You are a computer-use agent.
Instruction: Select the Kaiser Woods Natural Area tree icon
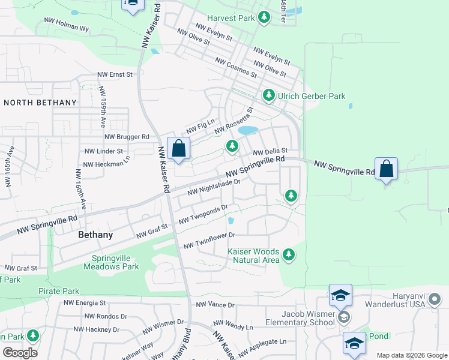tap(289, 255)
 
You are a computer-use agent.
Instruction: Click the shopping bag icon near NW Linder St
tap(179, 148)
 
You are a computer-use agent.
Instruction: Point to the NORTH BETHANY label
tap(40, 103)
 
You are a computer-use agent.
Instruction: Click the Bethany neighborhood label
tap(95, 235)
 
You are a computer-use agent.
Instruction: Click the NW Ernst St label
tap(115, 75)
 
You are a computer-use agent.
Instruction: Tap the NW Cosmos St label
tap(236, 68)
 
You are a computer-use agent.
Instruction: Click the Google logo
tap(20, 353)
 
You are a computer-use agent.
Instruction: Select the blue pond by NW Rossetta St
tap(247, 130)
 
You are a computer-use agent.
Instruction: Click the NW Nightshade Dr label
tap(214, 187)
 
